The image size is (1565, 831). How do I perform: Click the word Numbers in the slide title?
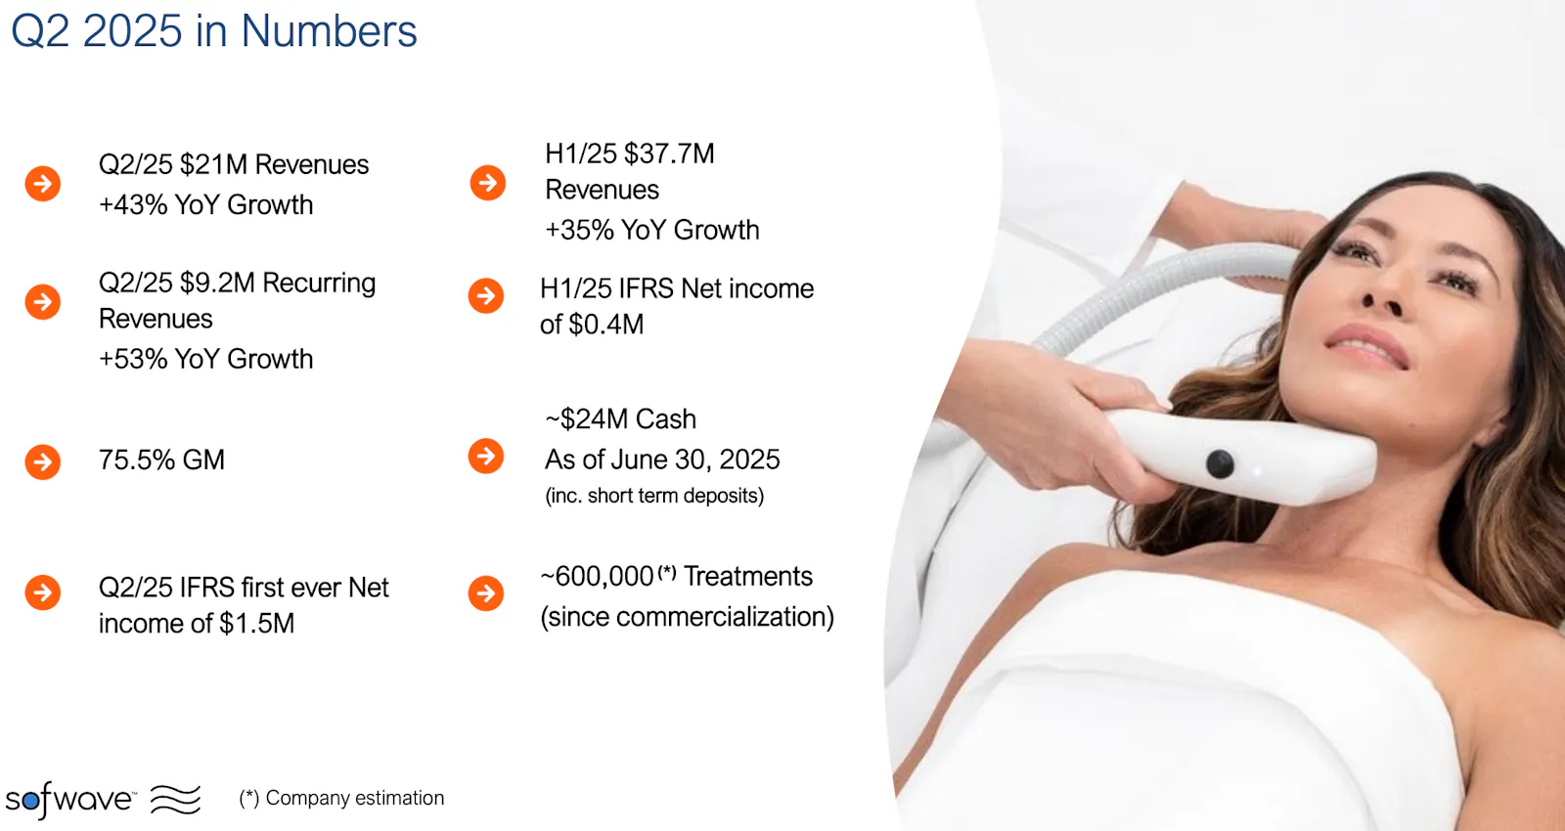tap(329, 31)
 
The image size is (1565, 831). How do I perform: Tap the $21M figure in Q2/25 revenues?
tap(214, 165)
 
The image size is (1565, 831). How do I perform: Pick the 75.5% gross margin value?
tap(137, 460)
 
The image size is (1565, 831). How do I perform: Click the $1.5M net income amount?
tap(257, 624)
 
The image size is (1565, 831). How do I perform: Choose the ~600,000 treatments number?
tap(598, 577)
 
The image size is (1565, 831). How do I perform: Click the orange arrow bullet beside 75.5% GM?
tap(43, 461)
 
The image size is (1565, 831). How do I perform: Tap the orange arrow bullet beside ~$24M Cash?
tap(486, 456)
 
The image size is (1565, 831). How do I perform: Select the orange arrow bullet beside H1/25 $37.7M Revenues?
tap(488, 183)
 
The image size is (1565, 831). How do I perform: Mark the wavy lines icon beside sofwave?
tap(175, 800)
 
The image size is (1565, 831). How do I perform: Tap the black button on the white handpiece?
tap(1220, 464)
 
